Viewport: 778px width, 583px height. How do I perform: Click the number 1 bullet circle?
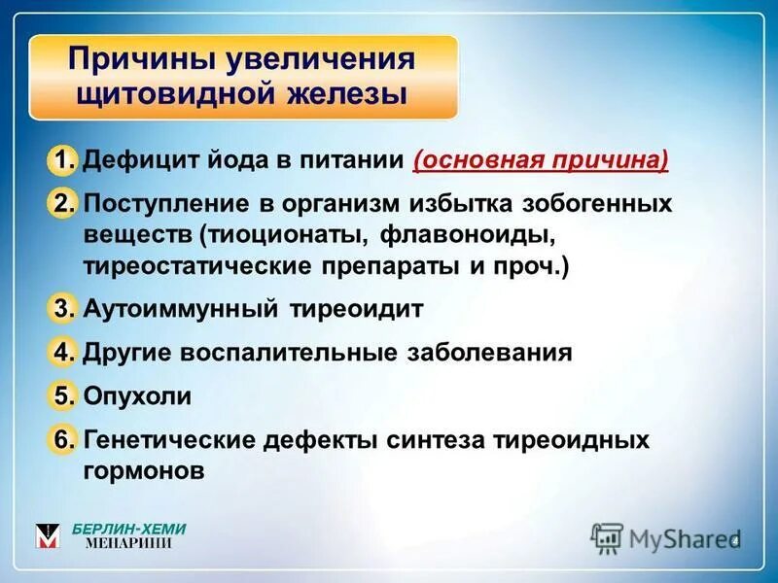[61, 160]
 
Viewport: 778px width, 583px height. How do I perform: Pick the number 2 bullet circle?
[61, 204]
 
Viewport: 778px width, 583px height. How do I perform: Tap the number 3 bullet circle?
[61, 309]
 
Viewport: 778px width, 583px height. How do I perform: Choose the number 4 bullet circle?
[61, 353]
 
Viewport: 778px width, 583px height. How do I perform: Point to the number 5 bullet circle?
[61, 396]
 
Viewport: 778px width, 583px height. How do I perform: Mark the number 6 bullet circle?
[61, 440]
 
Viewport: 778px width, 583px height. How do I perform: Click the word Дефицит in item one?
[135, 160]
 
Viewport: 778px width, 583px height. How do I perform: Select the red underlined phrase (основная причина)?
[541, 160]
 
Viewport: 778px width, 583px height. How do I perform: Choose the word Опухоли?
[137, 396]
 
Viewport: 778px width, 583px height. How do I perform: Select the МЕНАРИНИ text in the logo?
[128, 544]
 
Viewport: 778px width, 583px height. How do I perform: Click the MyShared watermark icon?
[607, 537]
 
